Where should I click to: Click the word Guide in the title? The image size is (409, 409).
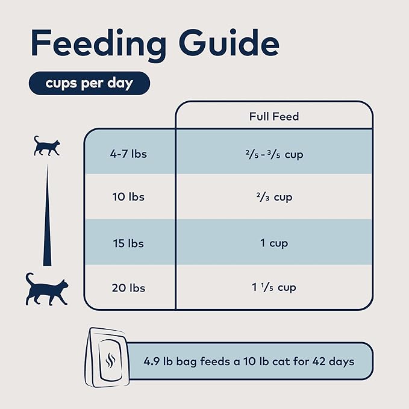(x=223, y=43)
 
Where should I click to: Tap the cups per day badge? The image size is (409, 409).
(x=89, y=83)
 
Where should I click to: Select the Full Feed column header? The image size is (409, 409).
(x=273, y=116)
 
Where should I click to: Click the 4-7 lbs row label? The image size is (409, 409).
(x=128, y=154)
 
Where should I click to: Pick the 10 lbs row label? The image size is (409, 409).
(x=128, y=197)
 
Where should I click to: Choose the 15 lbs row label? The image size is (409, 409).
(x=128, y=243)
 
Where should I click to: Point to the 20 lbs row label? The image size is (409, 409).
(x=128, y=287)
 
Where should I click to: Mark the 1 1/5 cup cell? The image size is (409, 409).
(x=274, y=287)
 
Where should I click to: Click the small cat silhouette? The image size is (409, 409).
(x=46, y=146)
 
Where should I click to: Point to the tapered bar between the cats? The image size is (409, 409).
(x=46, y=223)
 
